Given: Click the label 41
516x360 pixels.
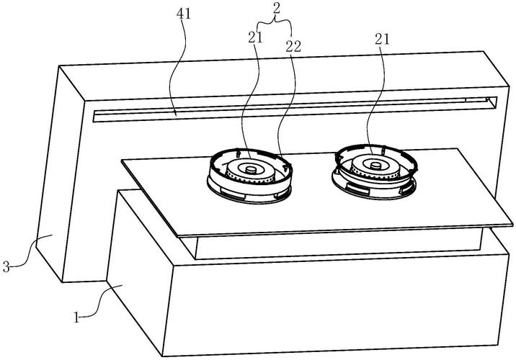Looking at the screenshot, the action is click(x=184, y=14).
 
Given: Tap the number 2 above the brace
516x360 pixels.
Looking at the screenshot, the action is click(x=277, y=8).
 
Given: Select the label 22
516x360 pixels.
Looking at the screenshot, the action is click(x=293, y=47).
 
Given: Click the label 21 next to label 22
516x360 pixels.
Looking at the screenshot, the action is click(x=256, y=37).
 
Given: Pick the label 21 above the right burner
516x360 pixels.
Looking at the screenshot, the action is click(x=382, y=40).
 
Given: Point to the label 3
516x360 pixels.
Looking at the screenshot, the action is click(x=6, y=266).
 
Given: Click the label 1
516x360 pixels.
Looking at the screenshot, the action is click(x=76, y=318).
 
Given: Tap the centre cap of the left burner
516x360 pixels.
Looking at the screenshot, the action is click(x=252, y=170).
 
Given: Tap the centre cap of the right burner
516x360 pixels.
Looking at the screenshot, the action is click(x=375, y=165).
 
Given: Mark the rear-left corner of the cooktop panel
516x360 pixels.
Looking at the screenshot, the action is click(x=122, y=160).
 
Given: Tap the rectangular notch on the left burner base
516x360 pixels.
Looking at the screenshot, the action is click(x=233, y=194).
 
